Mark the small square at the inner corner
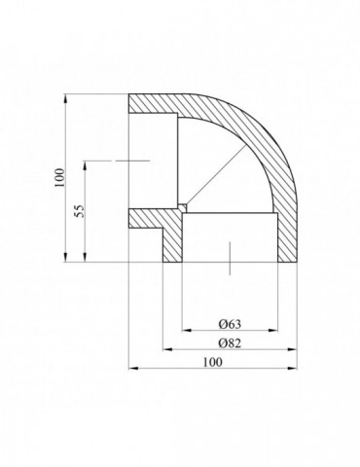click(x=182, y=204)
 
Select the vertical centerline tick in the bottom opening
click(x=229, y=257)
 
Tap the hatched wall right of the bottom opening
click(x=284, y=238)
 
